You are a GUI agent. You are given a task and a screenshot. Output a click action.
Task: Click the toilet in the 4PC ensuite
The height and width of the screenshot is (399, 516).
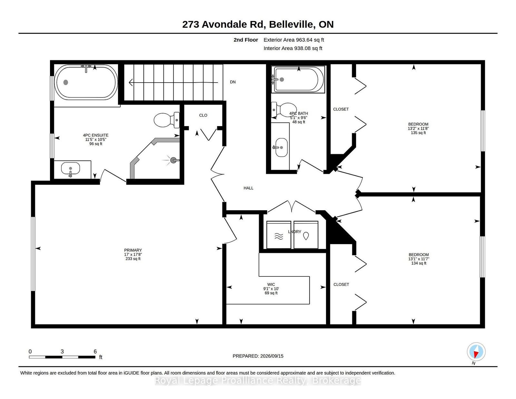pos(167,120)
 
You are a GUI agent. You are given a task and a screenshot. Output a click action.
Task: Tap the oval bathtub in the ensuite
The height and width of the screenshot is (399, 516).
pos(86,82)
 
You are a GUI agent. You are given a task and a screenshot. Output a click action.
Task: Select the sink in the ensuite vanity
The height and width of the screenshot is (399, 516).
pos(70,168)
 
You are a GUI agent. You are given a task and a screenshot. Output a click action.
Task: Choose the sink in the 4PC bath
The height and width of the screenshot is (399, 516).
pos(282,147)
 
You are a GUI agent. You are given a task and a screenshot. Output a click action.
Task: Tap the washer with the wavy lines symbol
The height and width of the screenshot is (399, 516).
pos(279,234)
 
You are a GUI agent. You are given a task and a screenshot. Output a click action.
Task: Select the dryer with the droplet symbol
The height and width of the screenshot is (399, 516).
pos(306,234)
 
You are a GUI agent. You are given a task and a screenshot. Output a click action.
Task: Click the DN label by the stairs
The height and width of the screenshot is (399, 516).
pos(233,82)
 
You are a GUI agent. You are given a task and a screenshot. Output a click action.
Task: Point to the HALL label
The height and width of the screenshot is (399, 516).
pos(248,188)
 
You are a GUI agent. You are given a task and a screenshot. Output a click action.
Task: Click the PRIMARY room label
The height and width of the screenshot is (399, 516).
pos(133,250)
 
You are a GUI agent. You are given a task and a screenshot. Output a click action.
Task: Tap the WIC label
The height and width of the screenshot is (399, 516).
pos(271,284)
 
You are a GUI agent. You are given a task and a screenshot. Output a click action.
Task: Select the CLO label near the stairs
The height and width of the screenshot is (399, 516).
pos(203,115)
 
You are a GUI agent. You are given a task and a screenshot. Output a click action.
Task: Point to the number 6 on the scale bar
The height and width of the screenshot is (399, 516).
pos(95,352)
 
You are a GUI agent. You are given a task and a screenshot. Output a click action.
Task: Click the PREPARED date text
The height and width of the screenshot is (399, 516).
pos(258,356)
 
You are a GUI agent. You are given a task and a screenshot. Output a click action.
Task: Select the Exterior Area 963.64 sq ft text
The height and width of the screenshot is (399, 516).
pos(294,40)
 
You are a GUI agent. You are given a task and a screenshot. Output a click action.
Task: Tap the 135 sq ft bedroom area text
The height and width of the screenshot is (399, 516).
pos(418,133)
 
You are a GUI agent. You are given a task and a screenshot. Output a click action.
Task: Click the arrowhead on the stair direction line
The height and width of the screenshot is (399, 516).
pos(131,83)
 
